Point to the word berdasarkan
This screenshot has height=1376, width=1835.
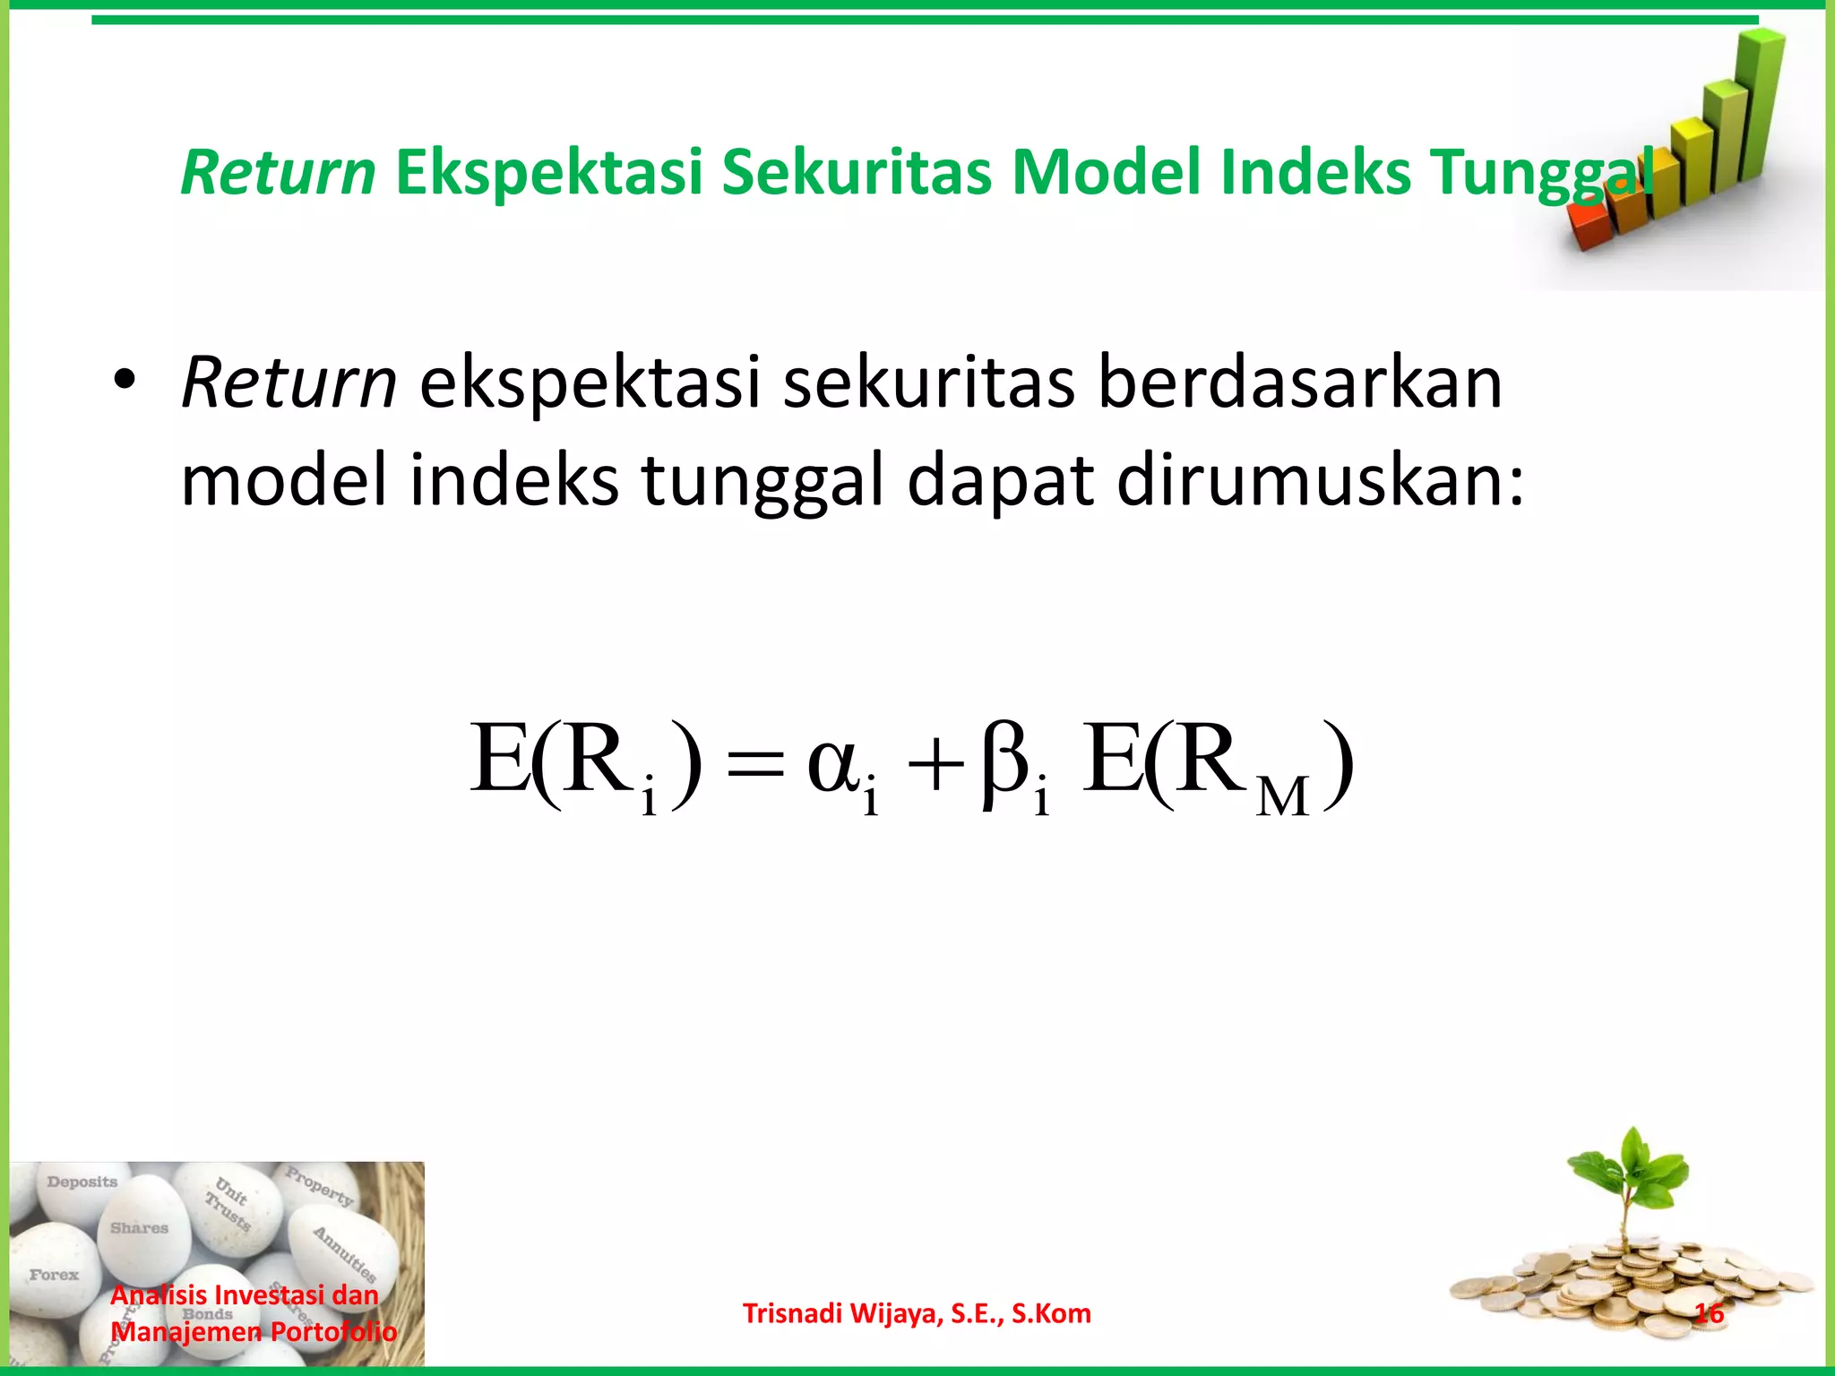[1299, 382]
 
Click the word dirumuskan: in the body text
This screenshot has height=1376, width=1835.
[1320, 480]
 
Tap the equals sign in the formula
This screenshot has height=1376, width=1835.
[754, 768]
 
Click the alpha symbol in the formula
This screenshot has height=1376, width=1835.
[834, 766]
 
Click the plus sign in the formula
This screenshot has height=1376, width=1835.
[934, 768]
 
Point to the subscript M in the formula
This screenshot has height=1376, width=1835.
[1282, 796]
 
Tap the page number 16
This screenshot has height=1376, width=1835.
[1709, 1313]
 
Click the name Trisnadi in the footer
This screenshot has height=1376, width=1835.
[792, 1313]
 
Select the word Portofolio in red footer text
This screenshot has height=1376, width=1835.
[333, 1332]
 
